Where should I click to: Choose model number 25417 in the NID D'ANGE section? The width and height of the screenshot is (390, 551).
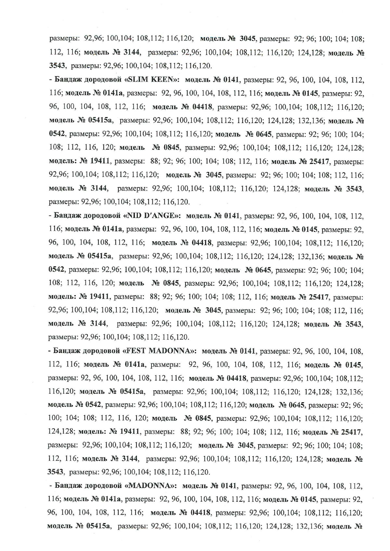tap(319, 297)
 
